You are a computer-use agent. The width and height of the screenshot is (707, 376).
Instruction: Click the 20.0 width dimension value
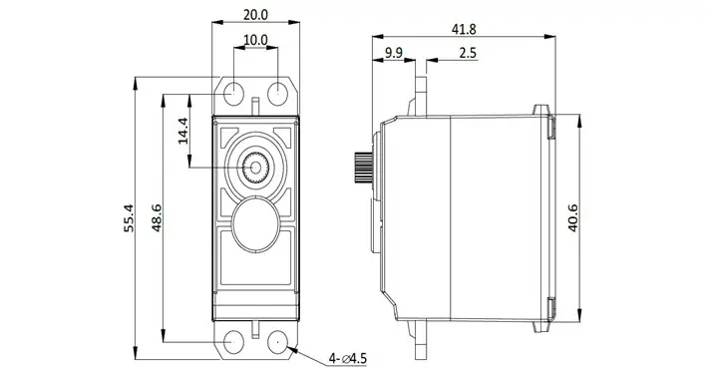tap(255, 15)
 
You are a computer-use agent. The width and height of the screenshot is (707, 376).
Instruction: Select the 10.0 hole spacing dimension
tap(255, 40)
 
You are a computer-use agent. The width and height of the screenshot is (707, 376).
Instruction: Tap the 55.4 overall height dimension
tap(129, 218)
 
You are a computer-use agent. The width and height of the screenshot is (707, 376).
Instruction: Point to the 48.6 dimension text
tap(157, 218)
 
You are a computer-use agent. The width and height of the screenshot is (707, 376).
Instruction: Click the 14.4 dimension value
tap(182, 131)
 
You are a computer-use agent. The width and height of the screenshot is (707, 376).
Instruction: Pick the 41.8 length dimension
tap(464, 29)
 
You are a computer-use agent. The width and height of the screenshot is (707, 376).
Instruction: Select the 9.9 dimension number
tap(393, 53)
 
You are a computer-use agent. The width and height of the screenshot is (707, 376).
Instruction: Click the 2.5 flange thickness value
tap(468, 53)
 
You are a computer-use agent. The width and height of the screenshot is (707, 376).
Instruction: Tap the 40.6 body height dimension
tap(572, 218)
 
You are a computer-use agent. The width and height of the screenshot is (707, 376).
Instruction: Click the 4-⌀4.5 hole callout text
tap(348, 359)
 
